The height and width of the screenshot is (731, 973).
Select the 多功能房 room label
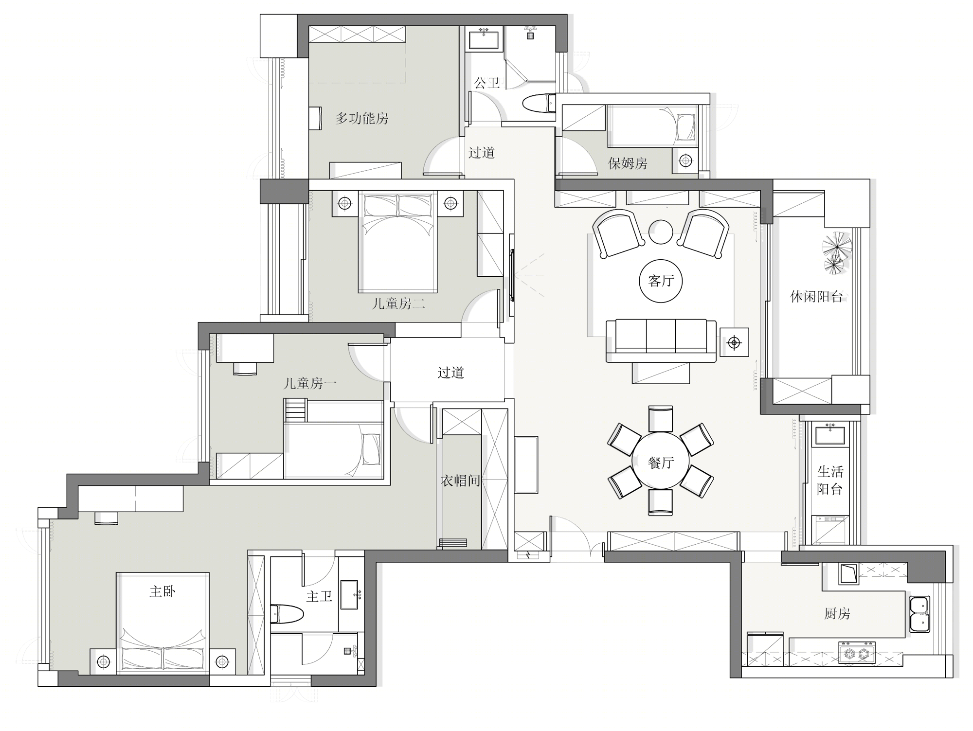(x=362, y=118)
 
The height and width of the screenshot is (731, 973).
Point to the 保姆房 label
(x=628, y=163)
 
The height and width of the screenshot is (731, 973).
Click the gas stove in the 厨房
(x=857, y=653)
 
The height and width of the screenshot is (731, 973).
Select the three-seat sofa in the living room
(x=661, y=340)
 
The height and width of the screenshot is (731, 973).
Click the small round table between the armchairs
(x=661, y=232)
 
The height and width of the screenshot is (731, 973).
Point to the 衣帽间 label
(x=460, y=481)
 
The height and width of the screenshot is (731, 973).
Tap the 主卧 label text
(x=162, y=591)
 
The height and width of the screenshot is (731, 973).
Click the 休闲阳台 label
(x=816, y=297)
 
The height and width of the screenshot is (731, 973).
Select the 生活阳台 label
(x=830, y=480)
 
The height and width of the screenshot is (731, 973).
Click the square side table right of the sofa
(x=734, y=342)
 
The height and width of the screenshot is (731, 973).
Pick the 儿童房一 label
(x=310, y=384)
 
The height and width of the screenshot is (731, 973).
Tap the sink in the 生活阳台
(x=830, y=433)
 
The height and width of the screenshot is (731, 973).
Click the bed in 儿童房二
(x=398, y=242)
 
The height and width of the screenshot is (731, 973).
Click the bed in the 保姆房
(x=652, y=126)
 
